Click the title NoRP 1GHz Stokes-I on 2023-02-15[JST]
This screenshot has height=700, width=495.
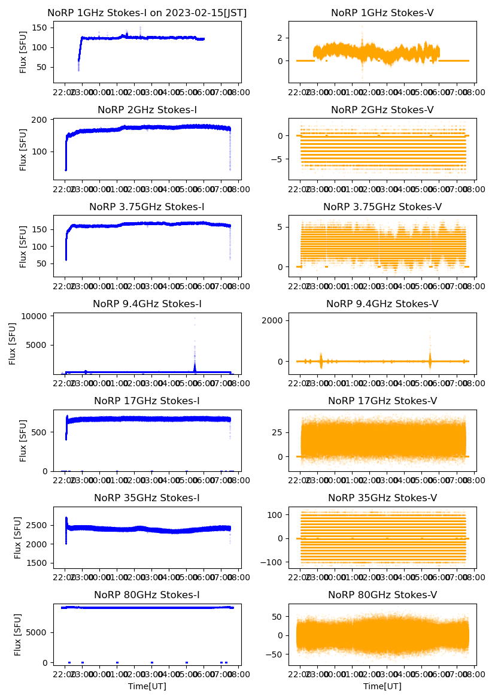click(147, 13)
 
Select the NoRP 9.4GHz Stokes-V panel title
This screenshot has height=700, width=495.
click(382, 304)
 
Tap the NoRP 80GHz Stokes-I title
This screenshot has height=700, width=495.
click(147, 595)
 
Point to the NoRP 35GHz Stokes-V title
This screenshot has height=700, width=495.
click(382, 498)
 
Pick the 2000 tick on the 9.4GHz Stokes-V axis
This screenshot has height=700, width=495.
click(273, 320)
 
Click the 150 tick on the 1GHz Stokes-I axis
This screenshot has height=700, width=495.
click(41, 28)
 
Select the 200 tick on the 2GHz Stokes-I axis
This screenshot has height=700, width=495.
click(41, 120)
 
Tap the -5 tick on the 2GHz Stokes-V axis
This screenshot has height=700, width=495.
click(276, 160)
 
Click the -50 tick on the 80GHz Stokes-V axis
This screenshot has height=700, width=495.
click(275, 654)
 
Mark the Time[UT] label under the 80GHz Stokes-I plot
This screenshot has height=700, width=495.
click(147, 686)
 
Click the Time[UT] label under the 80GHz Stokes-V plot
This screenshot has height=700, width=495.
click(382, 686)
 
